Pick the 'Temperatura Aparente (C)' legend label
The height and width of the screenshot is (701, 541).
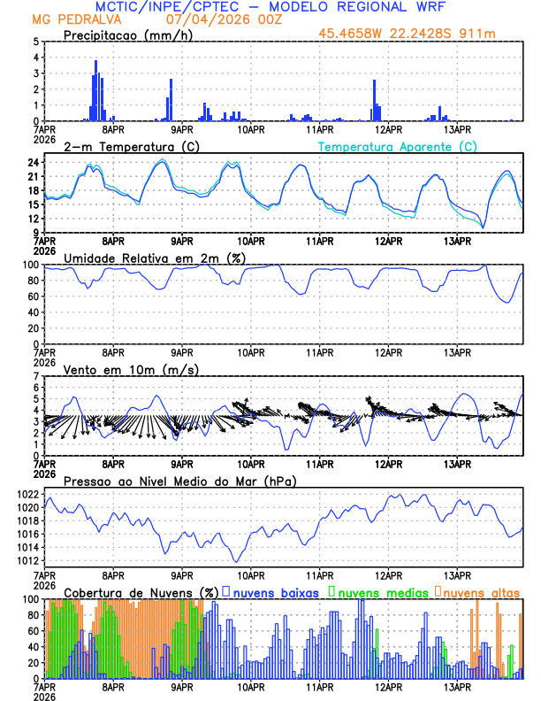click(398, 146)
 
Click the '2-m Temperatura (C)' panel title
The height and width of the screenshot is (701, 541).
click(124, 146)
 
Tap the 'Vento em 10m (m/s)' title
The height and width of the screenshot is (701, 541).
click(118, 369)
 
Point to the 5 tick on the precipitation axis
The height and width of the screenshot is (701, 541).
click(35, 42)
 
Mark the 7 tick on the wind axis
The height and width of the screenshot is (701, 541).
click(35, 377)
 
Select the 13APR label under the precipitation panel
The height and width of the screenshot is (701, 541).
click(457, 128)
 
